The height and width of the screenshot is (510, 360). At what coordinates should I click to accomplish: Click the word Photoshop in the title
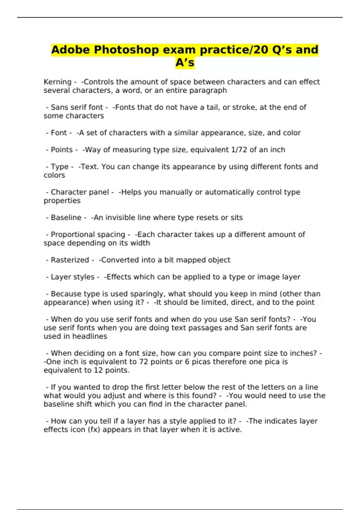click(126, 50)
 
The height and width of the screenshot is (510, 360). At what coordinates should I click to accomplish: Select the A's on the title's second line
click(185, 63)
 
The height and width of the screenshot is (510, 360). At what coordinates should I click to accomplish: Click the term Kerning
click(57, 82)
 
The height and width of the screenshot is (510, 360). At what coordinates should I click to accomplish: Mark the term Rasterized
click(70, 260)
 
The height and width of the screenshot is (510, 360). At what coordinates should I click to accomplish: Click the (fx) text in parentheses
click(94, 430)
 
